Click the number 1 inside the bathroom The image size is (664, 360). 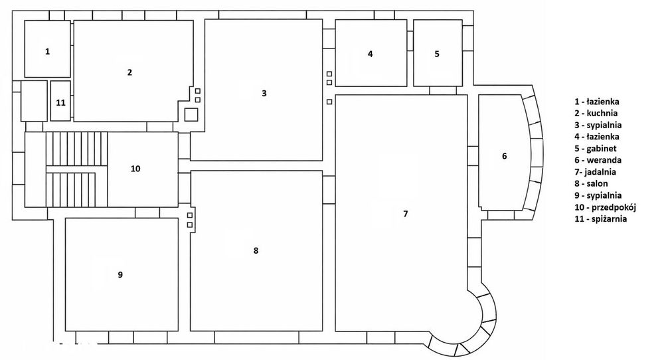[x=47, y=51]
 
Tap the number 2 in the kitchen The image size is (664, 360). [x=129, y=72]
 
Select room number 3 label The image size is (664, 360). [x=264, y=93]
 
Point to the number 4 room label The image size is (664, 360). [x=370, y=54]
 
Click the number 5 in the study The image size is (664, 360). [x=437, y=54]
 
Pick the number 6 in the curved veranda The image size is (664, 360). [x=505, y=156]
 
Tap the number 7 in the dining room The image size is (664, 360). [x=405, y=213]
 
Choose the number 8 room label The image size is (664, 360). [x=256, y=250]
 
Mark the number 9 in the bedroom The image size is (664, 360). [x=120, y=275]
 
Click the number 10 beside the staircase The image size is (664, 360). [x=135, y=169]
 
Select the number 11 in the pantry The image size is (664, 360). [x=61, y=103]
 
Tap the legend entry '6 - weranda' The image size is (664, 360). [x=598, y=160]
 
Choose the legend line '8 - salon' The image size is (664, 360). [x=591, y=183]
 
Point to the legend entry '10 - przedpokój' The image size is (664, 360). [x=606, y=207]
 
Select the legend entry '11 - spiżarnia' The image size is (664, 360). [x=600, y=219]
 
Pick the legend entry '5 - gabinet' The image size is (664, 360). [x=596, y=148]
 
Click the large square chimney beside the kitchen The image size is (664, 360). [x=191, y=114]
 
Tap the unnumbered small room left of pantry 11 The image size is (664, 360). [x=34, y=101]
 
